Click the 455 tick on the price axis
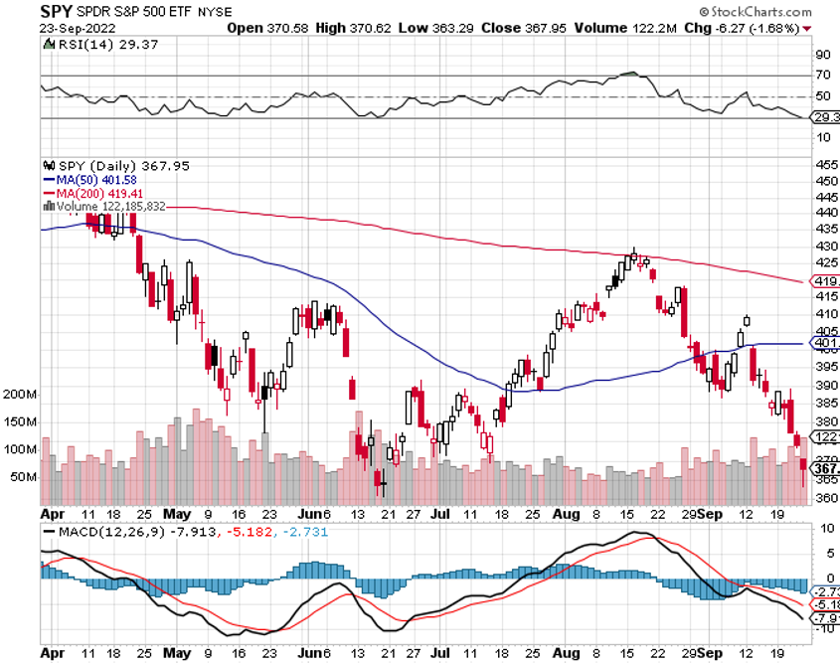click(824, 165)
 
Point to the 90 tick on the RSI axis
click(824, 55)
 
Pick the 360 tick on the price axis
click(824, 499)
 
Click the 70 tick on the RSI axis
click(824, 76)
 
